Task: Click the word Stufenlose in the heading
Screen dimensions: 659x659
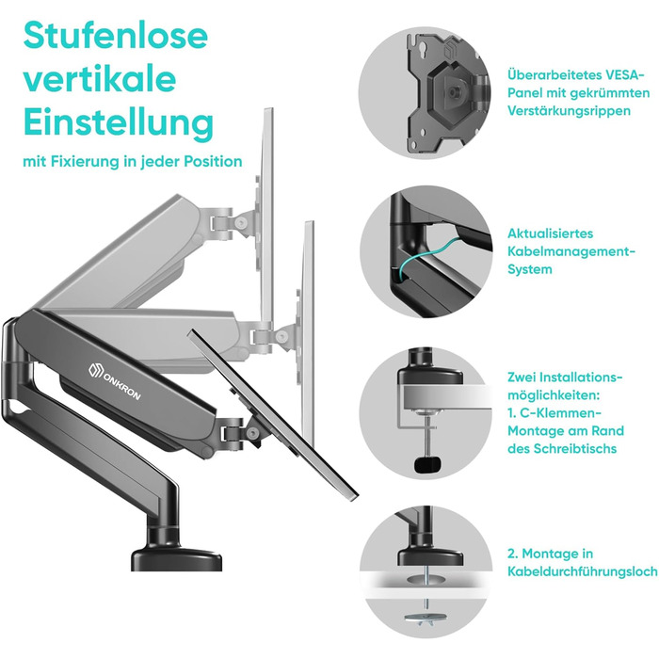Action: tap(116, 36)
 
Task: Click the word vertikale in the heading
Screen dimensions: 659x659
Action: tap(100, 79)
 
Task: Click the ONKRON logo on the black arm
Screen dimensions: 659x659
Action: tap(114, 381)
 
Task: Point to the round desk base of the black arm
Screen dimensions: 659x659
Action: tap(177, 558)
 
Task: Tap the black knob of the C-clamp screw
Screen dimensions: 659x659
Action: tap(428, 463)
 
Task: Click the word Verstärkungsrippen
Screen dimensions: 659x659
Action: tap(569, 111)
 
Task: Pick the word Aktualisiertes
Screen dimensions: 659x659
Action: tap(550, 233)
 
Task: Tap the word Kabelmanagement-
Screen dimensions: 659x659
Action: tap(571, 251)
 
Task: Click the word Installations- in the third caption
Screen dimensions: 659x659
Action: tap(581, 377)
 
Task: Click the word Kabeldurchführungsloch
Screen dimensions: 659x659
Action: tap(583, 571)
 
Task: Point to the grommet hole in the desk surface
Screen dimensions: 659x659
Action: tap(427, 580)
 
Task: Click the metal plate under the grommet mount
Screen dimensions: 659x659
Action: tap(426, 618)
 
